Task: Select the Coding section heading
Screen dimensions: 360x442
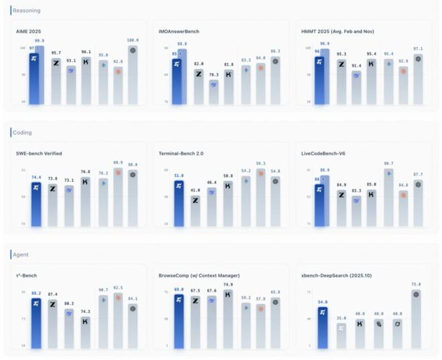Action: [23, 133]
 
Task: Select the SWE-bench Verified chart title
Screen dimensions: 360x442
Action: [39, 154]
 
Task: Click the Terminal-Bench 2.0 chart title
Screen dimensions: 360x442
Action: [181, 154]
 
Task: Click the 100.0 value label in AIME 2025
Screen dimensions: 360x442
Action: [133, 40]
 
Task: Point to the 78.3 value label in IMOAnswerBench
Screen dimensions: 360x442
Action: [213, 74]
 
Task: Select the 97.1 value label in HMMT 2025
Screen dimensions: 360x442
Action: [419, 48]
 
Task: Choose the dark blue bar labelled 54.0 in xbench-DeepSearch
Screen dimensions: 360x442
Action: [322, 327]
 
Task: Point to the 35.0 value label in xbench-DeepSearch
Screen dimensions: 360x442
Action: [342, 318]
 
